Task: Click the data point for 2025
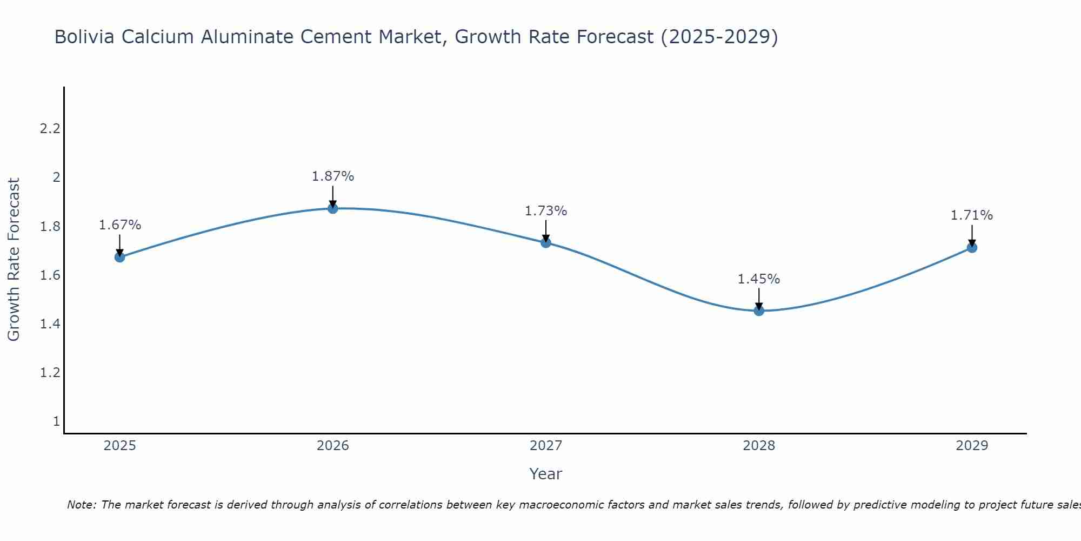click(x=120, y=257)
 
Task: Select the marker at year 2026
click(x=333, y=208)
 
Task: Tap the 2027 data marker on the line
click(x=546, y=242)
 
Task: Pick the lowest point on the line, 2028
click(x=759, y=311)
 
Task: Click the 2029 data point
click(x=972, y=248)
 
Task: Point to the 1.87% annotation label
click(x=333, y=176)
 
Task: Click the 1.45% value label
click(x=759, y=279)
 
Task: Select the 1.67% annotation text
click(x=120, y=225)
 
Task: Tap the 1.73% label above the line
click(x=546, y=211)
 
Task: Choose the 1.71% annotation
click(x=972, y=215)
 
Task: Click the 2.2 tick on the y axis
click(x=50, y=129)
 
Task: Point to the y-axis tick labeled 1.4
click(x=50, y=324)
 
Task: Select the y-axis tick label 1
click(x=56, y=421)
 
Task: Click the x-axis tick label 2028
click(x=759, y=446)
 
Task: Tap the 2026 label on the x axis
click(x=333, y=446)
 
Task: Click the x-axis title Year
click(x=546, y=474)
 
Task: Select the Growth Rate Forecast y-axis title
click(x=14, y=260)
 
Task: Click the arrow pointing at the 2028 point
click(x=759, y=300)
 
